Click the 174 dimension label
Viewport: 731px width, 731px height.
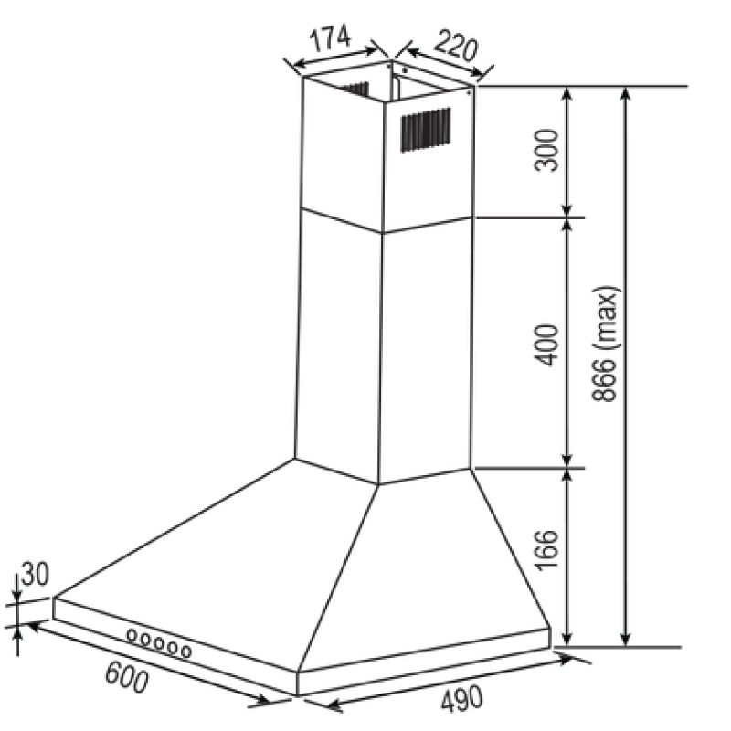[330, 38]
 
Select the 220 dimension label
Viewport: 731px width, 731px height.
[456, 47]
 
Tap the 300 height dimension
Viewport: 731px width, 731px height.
[546, 151]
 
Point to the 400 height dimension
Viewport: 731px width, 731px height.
[546, 345]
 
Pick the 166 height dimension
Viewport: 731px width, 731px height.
[546, 549]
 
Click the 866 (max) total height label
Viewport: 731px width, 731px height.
[607, 344]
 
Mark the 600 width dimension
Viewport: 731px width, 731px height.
[126, 677]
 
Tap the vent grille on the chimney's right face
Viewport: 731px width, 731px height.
[426, 130]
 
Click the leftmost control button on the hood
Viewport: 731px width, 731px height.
[132, 634]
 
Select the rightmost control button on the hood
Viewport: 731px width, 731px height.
[186, 651]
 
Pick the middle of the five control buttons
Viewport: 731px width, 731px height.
[159, 643]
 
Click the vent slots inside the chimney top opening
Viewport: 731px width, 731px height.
[355, 90]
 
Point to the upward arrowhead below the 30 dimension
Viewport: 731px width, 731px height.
[17, 633]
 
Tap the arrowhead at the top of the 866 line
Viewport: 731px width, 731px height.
[626, 93]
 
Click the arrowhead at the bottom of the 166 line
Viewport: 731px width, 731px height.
[567, 640]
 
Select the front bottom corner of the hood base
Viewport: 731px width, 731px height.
[297, 695]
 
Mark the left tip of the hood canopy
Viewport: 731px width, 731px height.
[54, 598]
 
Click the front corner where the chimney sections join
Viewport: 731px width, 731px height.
[383, 233]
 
